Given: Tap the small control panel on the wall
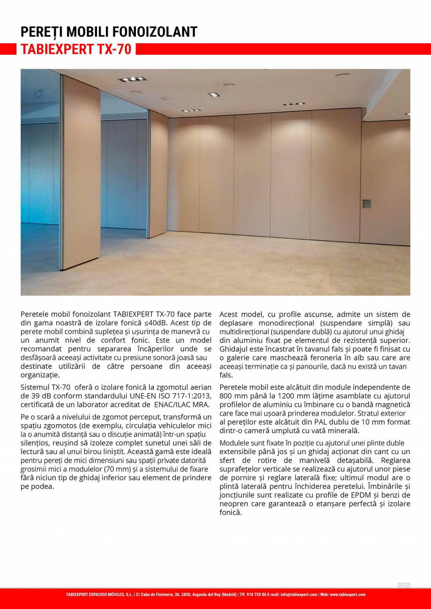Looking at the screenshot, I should point(366,204).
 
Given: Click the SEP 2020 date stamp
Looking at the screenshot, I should point(403,585).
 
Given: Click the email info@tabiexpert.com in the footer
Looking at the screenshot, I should point(298,594).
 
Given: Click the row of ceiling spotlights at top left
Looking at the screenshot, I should point(132,79).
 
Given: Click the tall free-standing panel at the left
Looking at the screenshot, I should point(81,173).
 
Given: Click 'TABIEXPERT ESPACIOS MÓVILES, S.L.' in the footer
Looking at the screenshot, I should point(99,594).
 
